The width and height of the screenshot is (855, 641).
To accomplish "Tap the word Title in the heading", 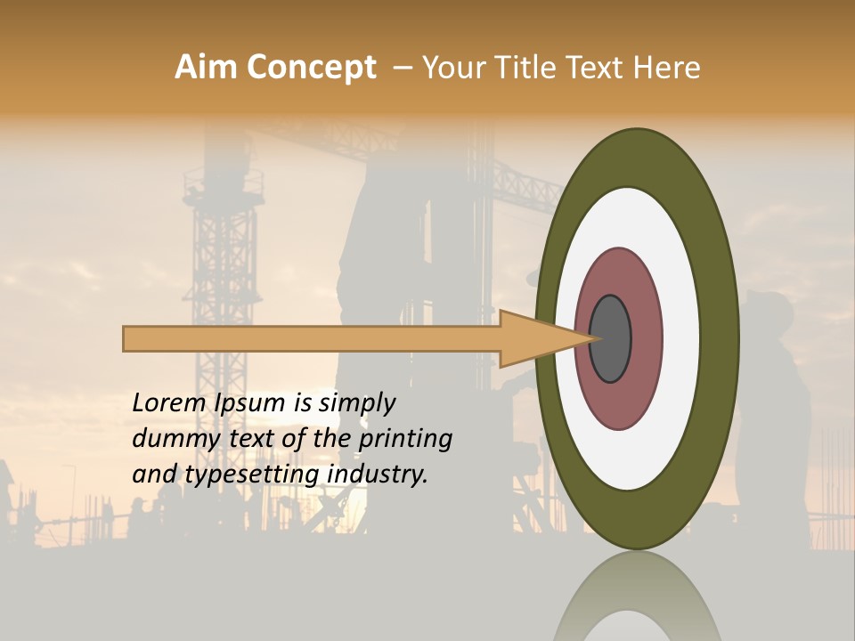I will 528,68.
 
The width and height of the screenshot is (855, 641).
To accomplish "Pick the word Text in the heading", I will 596,68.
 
